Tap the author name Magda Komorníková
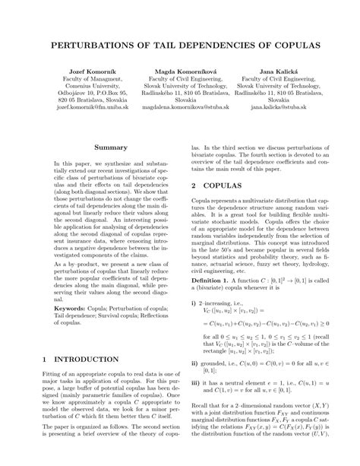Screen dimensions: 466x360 179,71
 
